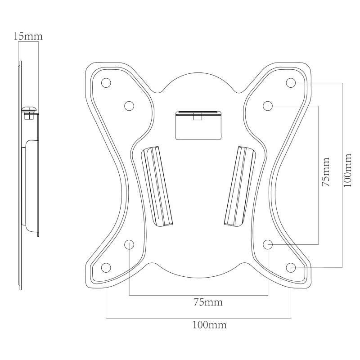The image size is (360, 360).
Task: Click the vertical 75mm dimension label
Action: pos(326,171)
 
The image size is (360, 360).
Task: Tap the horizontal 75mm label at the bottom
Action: pos(208,302)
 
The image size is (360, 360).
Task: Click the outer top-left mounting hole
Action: pos(106,83)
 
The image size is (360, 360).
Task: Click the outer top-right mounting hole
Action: pos(291,83)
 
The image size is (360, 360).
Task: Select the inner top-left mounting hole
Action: pos(129,106)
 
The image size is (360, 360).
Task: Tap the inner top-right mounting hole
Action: pos(268,106)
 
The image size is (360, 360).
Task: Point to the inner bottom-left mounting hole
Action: pos(129,245)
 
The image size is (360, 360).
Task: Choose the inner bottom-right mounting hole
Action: pos(268,244)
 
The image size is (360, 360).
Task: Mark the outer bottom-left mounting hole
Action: pos(106,268)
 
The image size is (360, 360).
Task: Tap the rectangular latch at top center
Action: pos(198,124)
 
